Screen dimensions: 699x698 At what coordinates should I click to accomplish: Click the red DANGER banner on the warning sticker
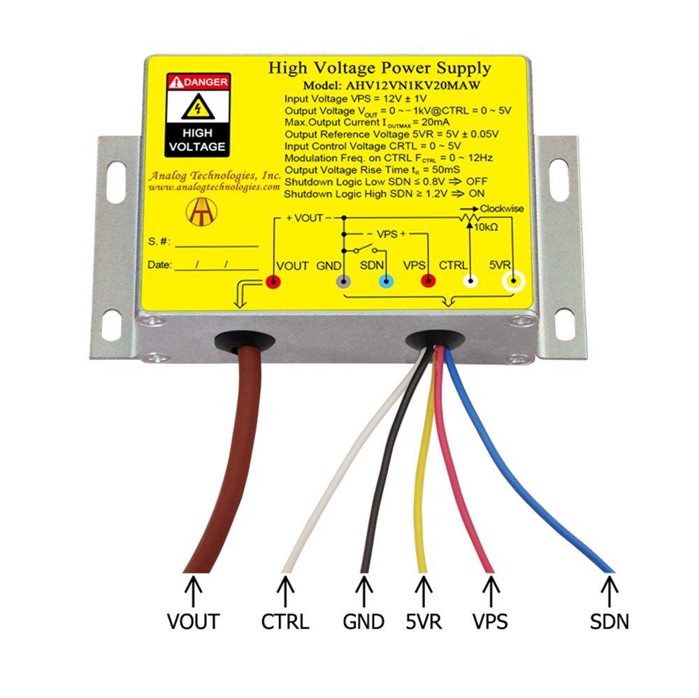pos(198,82)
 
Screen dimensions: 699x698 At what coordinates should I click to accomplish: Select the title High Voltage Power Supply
pos(380,68)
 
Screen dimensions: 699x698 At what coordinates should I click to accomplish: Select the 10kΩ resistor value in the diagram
pos(486,228)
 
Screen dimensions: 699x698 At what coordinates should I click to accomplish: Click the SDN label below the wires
pos(609,620)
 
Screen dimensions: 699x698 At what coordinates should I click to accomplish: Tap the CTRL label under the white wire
pos(284,620)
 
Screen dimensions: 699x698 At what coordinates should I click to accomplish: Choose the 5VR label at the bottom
pos(422,620)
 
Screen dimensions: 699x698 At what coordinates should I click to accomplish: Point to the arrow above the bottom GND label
pos(363,590)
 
